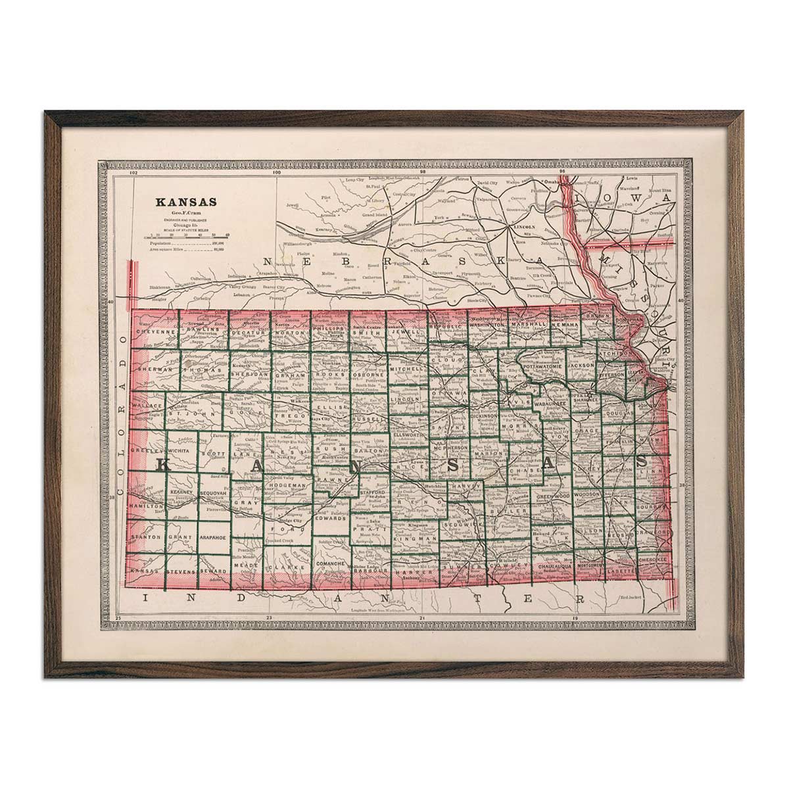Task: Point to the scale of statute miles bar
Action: [x=189, y=235]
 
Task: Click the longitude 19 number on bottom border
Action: [x=575, y=619]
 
